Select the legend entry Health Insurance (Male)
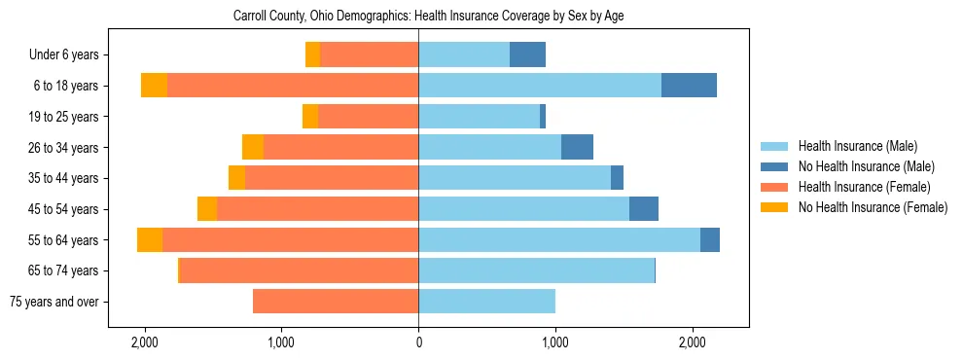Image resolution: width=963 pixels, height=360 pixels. [857, 146]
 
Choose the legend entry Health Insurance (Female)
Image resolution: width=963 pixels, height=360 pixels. [864, 187]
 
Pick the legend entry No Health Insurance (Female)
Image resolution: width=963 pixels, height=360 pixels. [873, 207]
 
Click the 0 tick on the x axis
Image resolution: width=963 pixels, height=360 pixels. [418, 342]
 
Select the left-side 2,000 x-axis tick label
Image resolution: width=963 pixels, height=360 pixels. [145, 342]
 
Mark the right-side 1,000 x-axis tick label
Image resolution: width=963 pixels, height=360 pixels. [555, 342]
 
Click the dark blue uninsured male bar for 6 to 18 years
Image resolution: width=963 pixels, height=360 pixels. [689, 86]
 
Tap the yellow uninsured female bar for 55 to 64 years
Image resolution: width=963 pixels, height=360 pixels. [150, 240]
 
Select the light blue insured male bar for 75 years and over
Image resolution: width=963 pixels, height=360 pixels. [486, 302]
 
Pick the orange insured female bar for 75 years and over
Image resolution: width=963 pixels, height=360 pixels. [336, 302]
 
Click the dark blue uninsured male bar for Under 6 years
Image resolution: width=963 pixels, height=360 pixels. [527, 55]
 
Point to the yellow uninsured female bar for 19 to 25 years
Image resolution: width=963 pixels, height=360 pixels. [310, 117]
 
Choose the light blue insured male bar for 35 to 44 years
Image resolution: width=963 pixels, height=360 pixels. [515, 178]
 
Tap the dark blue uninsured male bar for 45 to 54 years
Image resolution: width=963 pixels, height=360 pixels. [644, 209]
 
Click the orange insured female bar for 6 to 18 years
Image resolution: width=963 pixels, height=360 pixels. [292, 86]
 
